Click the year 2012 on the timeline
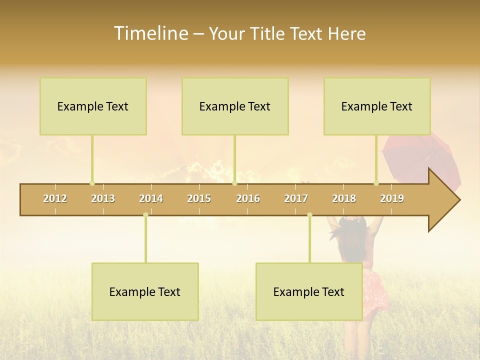(x=55, y=199)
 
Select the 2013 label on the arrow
(x=103, y=199)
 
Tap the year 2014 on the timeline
(x=151, y=199)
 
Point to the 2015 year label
(x=199, y=199)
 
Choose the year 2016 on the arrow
(x=248, y=199)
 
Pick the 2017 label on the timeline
(x=296, y=199)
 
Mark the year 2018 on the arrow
(x=344, y=199)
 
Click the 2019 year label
(x=392, y=199)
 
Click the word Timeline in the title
(x=150, y=33)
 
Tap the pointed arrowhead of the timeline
(x=447, y=200)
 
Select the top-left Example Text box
(x=93, y=106)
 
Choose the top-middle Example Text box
(x=235, y=106)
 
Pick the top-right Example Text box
(x=377, y=106)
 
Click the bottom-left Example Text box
(x=145, y=291)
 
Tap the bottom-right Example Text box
(x=309, y=291)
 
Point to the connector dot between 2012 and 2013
(x=92, y=183)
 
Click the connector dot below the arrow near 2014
(x=145, y=215)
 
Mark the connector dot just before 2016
(x=234, y=183)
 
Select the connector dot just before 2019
(x=376, y=183)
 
